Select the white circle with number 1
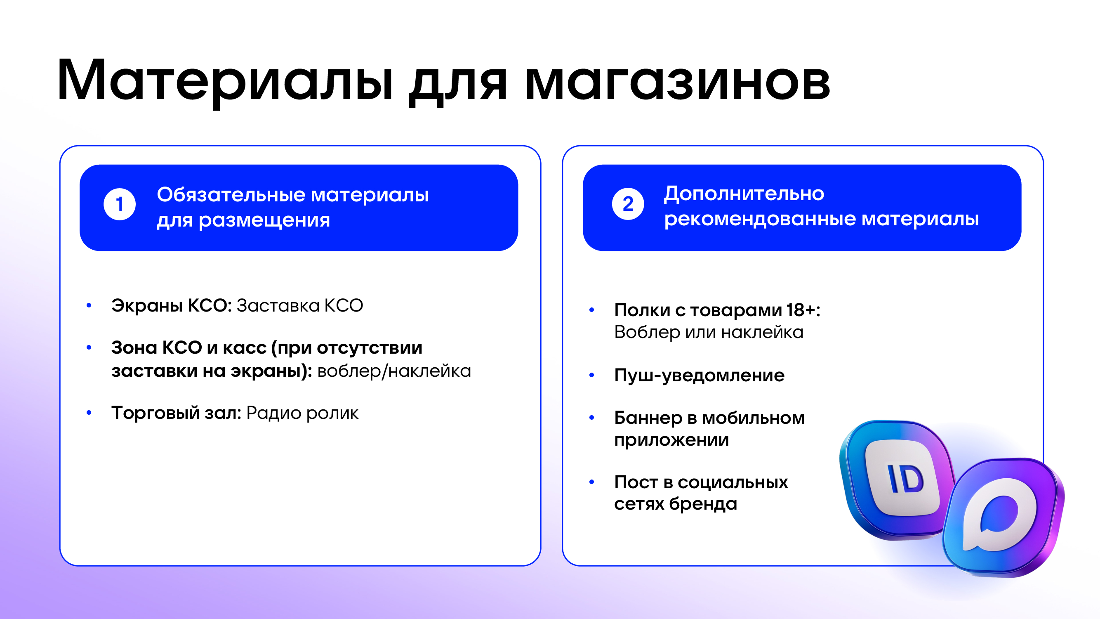click(x=120, y=204)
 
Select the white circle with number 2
click(x=628, y=204)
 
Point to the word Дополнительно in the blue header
click(x=744, y=194)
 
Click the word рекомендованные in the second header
click(x=760, y=219)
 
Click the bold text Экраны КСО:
click(x=172, y=305)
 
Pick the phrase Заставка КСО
click(x=300, y=305)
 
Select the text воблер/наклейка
click(x=394, y=371)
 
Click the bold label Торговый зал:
click(x=177, y=413)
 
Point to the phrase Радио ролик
click(x=302, y=413)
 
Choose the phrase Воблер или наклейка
click(x=709, y=332)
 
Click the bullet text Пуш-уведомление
click(x=699, y=376)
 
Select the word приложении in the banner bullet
click(x=671, y=440)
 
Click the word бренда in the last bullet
click(x=703, y=505)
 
